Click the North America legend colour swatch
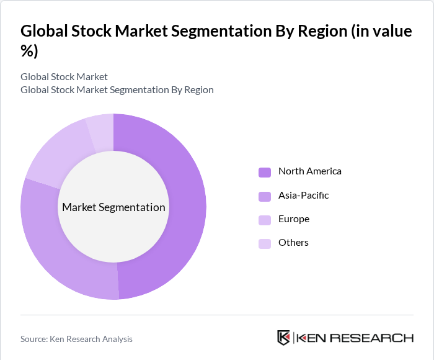point(265,172)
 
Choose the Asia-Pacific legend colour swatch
point(265,196)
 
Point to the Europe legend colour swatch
point(265,220)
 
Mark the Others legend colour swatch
point(265,243)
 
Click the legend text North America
point(309,171)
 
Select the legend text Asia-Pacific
point(303,196)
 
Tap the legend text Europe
point(293,219)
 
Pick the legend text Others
point(293,243)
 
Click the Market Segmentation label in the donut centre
point(113,207)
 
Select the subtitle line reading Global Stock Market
point(64,77)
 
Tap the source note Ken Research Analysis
point(76,339)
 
